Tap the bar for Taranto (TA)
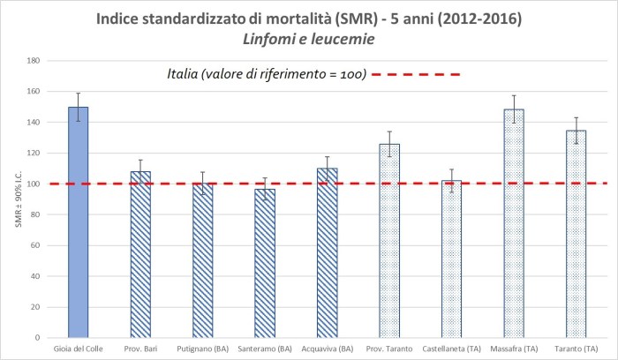click(576, 234)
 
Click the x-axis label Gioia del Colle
click(79, 349)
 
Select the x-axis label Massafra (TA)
click(514, 349)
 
